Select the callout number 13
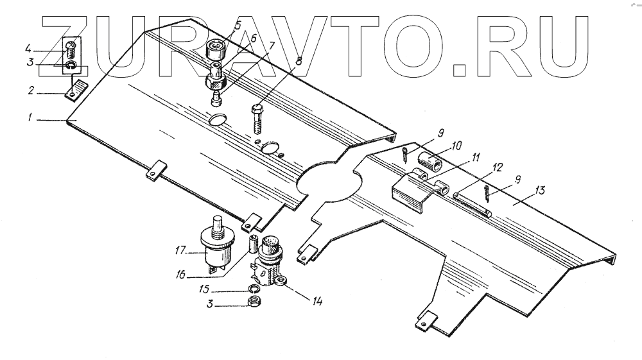tap(540, 191)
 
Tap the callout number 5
tap(237, 26)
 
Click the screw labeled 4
tap(71, 47)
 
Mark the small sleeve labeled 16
tap(253, 244)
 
